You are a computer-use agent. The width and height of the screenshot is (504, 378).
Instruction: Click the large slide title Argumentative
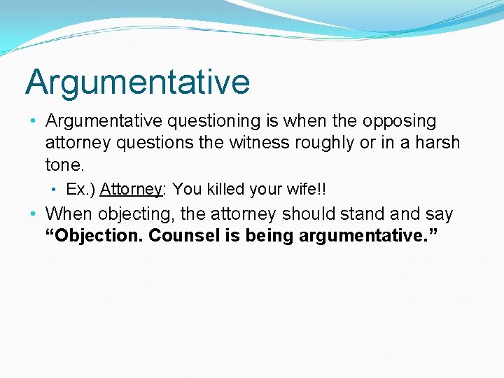point(137,82)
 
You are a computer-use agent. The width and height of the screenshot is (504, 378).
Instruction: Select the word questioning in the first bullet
point(213,121)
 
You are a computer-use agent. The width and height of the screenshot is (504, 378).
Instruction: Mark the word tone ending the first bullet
point(63,164)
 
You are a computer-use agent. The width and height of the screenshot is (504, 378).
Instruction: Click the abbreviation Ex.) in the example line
point(80,189)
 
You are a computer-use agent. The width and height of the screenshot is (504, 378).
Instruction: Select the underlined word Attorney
point(131,189)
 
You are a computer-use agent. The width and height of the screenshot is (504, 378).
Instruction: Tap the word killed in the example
point(225,189)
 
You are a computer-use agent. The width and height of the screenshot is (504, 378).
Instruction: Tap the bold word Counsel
point(184,236)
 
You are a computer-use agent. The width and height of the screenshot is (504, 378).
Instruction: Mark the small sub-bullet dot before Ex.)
point(56,189)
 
